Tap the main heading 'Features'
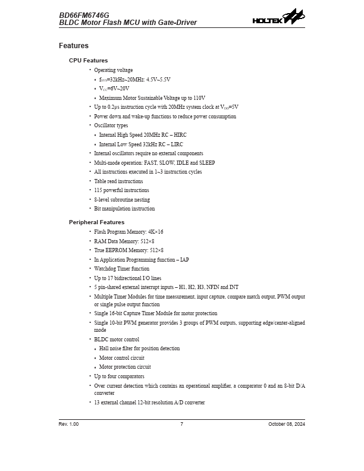pos(74,46)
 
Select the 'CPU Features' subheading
pos(89,61)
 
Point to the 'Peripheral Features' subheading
pos(97,222)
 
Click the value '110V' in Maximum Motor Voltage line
pos(199,98)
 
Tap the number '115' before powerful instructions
pos(99,190)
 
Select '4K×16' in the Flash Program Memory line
pos(154,232)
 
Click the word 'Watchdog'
pos(106,269)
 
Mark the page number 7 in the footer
pos(182,424)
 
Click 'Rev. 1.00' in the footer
pos(69,424)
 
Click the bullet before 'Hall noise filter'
pos(96,349)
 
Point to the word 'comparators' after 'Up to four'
pos(131,376)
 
